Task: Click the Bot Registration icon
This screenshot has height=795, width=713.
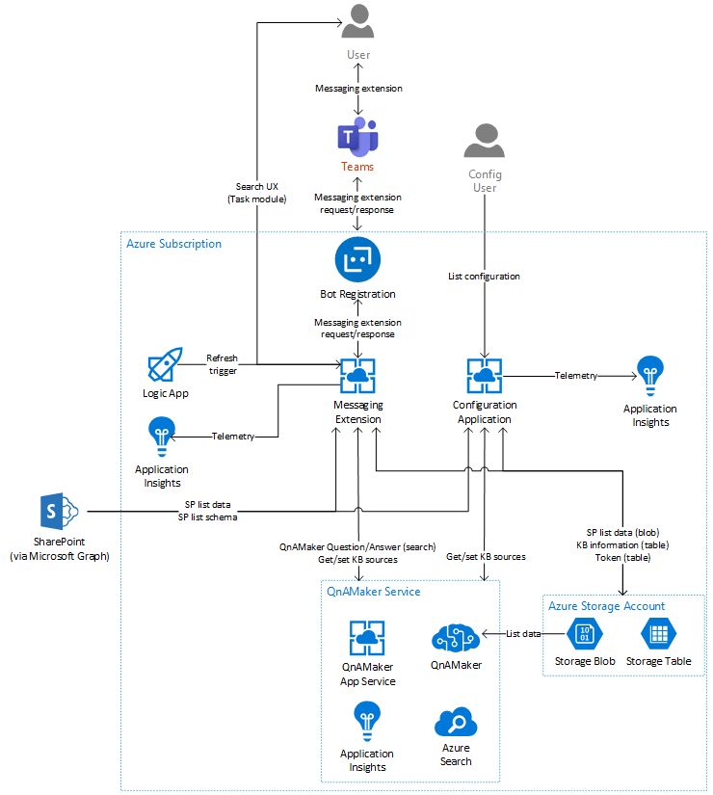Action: pos(357,260)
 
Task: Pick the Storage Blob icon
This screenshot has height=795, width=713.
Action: pos(585,634)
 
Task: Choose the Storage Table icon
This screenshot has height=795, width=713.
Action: pos(659,634)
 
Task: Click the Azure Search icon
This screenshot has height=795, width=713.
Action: pos(456,722)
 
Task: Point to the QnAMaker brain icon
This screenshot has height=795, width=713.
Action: pos(456,636)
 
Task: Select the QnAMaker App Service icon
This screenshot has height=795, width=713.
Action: pos(367,639)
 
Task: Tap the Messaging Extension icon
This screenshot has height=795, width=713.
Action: pos(357,377)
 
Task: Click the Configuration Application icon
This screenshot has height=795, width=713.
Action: pos(484,377)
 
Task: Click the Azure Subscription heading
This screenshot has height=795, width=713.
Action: pos(173,244)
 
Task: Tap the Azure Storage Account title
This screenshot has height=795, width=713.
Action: pos(606,606)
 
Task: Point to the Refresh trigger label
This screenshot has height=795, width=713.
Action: pos(221,363)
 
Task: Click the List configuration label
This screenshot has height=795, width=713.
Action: pos(484,277)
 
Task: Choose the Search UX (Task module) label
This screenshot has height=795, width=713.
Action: pos(256,193)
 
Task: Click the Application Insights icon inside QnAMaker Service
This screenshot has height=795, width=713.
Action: pos(367,722)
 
